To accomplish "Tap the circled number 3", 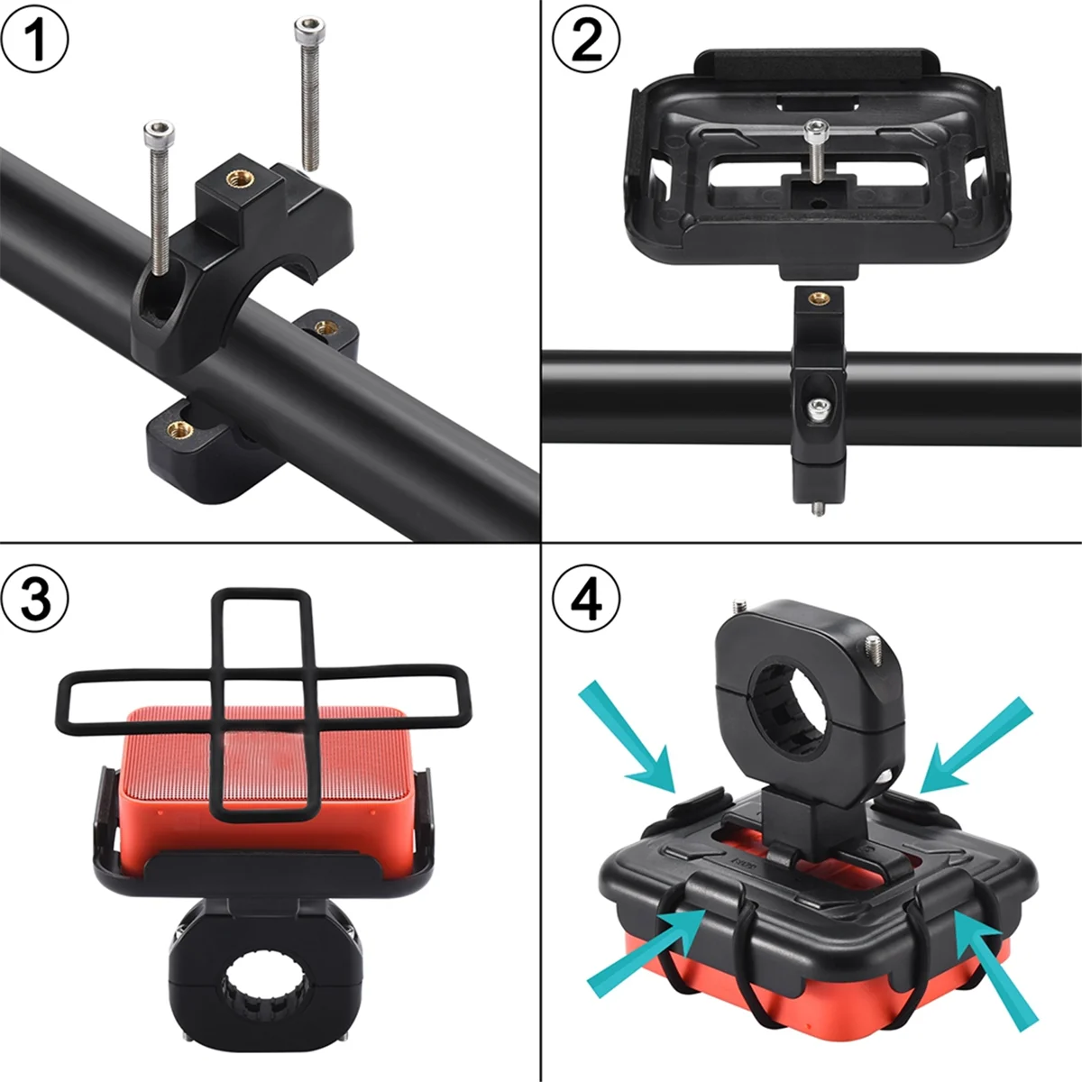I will (35, 598).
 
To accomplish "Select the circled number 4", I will (586, 598).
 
